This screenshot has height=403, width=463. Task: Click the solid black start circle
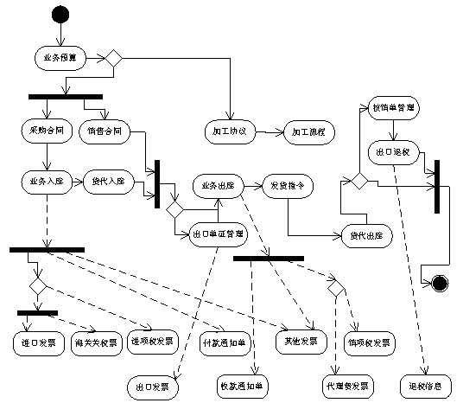[x=60, y=15]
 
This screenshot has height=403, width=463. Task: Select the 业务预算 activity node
[x=60, y=59]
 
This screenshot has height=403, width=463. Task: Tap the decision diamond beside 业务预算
[x=112, y=59]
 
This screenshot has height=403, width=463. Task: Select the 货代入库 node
[x=108, y=182]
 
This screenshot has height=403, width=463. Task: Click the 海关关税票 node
[x=96, y=342]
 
